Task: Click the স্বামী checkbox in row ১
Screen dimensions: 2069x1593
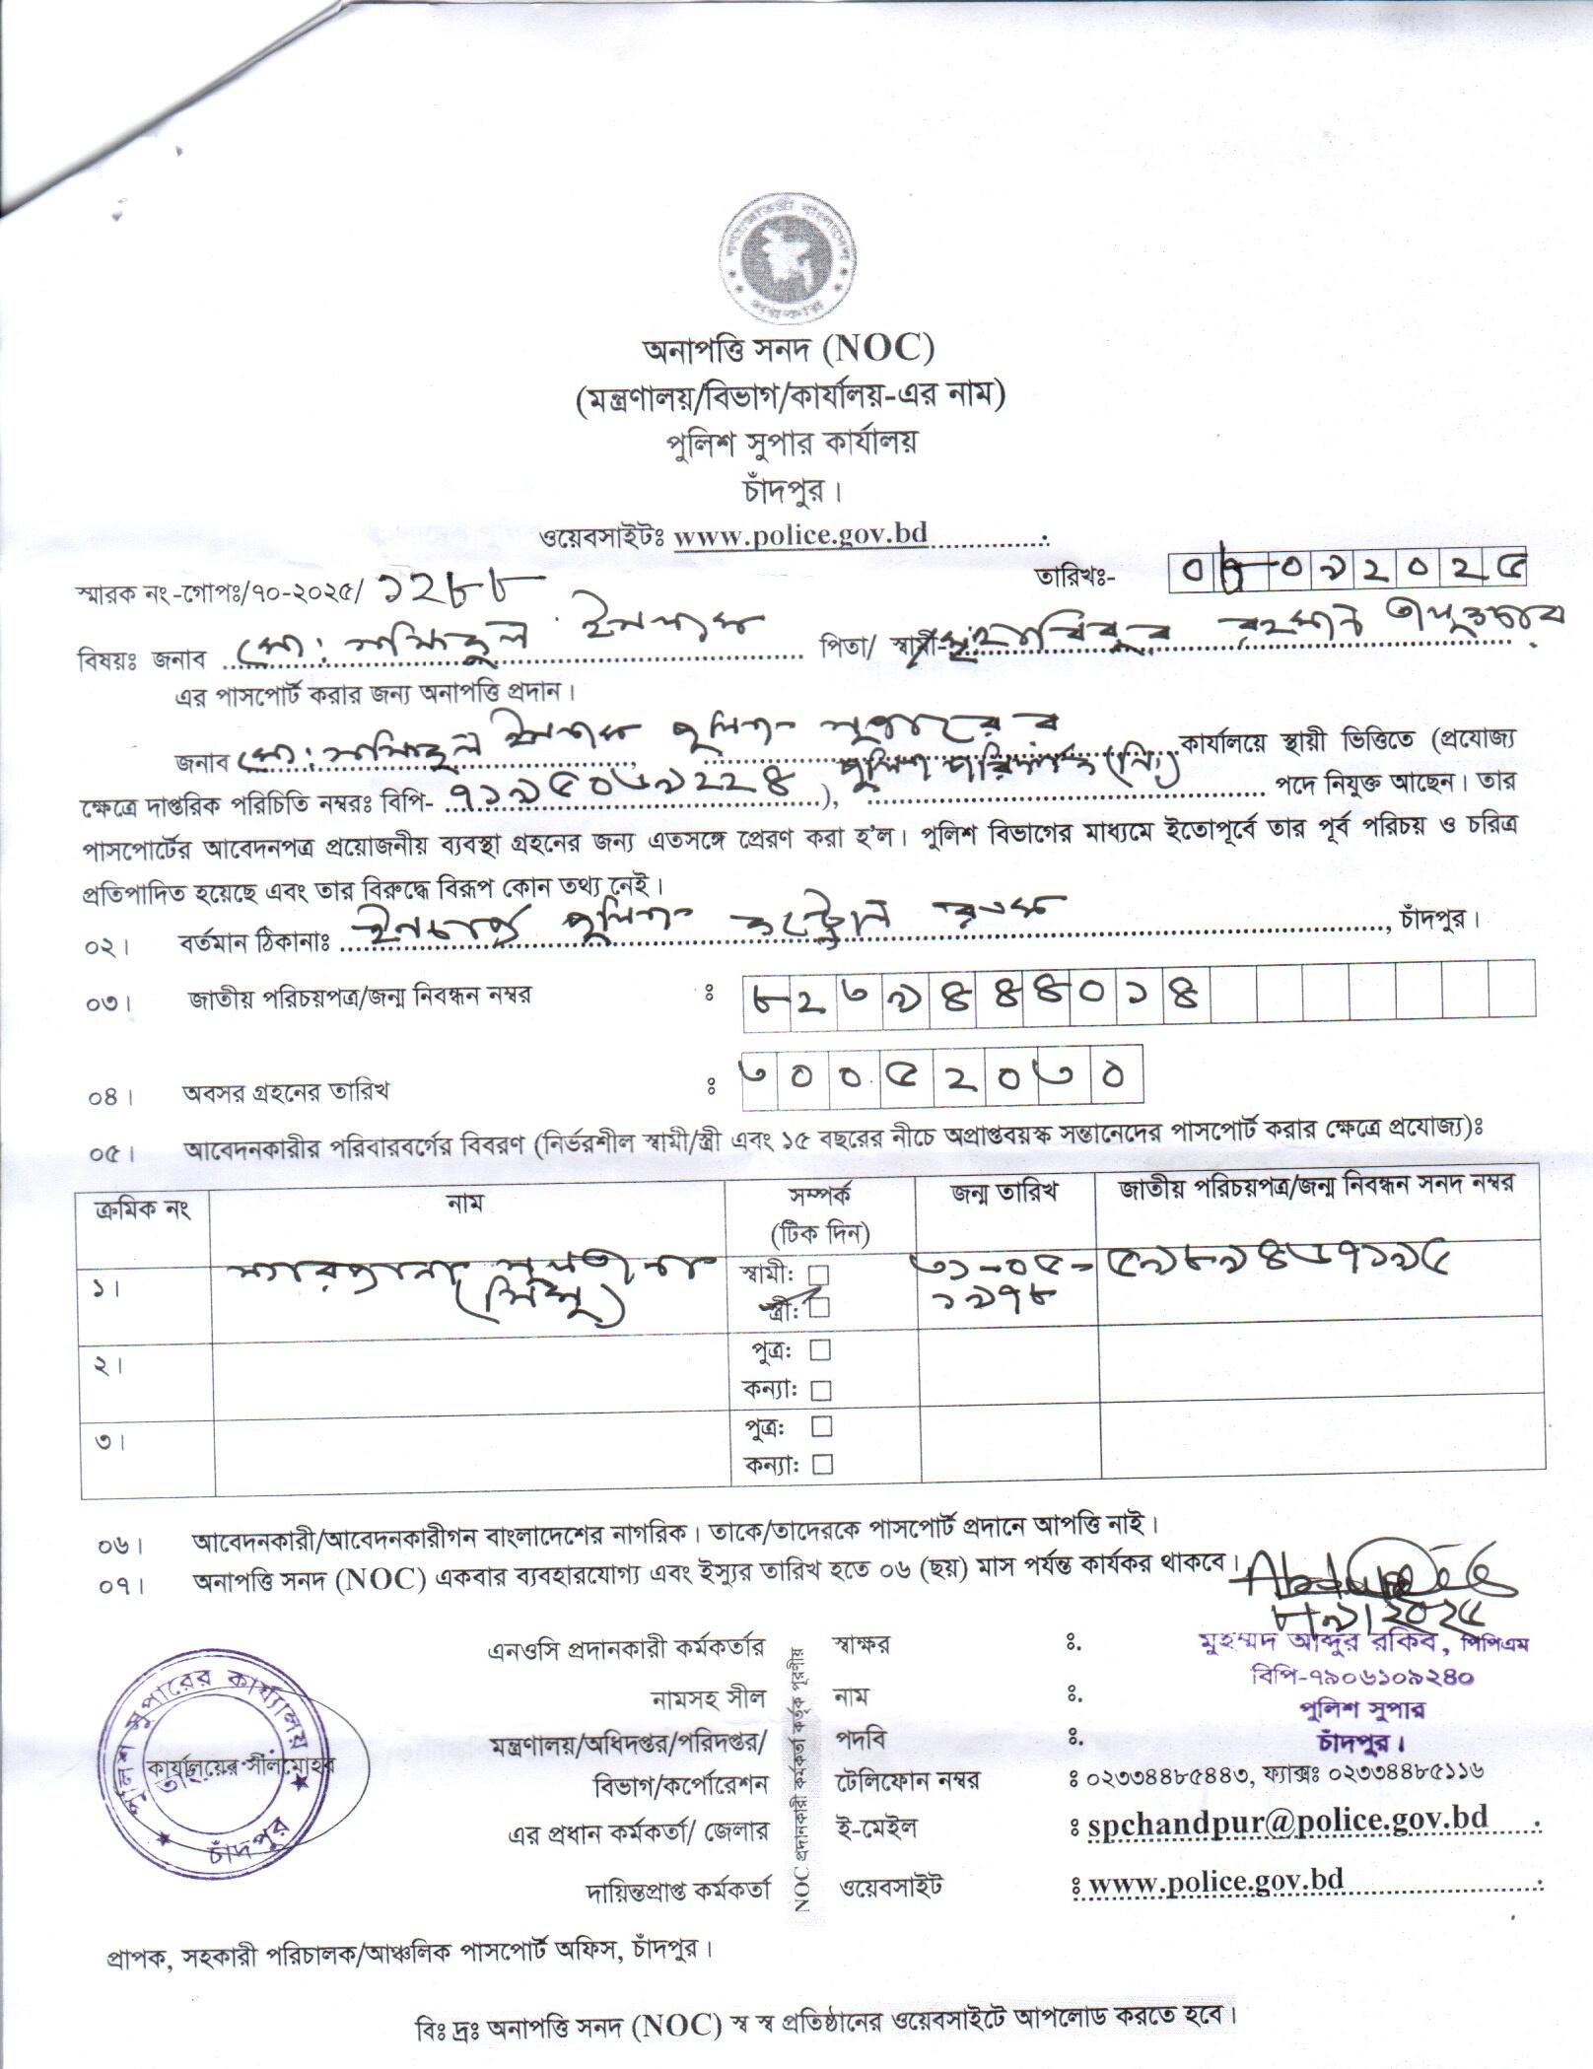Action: pos(818,1275)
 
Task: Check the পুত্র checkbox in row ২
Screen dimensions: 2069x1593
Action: pos(818,1348)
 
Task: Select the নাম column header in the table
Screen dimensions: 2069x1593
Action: pos(465,1203)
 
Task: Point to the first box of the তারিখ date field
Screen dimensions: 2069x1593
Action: pos(1188,570)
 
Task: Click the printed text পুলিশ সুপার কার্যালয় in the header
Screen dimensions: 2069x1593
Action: pos(788,442)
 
